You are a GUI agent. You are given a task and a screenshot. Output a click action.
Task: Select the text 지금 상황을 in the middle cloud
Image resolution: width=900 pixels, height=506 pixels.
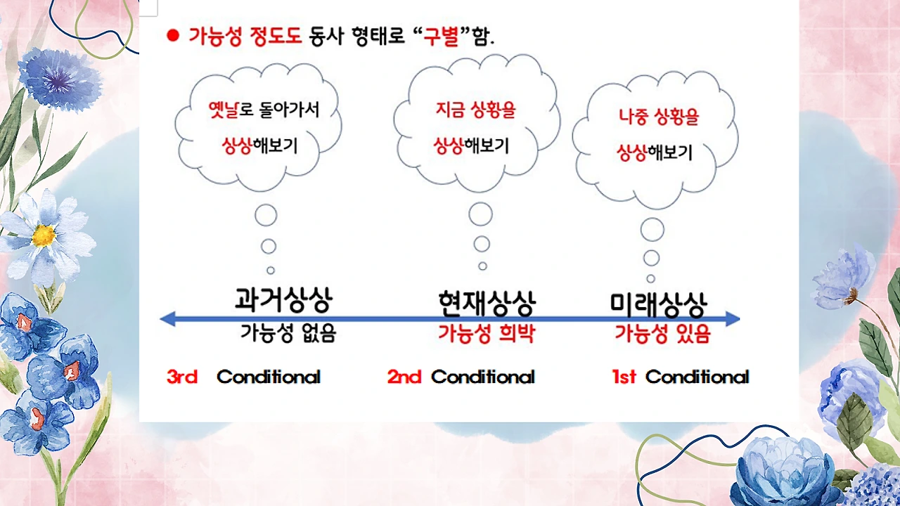(476, 110)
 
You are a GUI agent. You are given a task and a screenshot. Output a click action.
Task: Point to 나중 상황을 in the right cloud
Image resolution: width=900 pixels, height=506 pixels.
(659, 117)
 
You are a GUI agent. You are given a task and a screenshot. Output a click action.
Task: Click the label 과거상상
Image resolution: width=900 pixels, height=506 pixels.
(283, 300)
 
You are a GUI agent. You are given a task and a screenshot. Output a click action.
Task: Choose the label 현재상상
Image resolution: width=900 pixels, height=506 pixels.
(486, 303)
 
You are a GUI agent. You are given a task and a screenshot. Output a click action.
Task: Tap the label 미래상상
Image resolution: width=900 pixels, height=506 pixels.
(658, 303)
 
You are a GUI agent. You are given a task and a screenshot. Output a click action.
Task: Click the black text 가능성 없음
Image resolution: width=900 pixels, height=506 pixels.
(288, 333)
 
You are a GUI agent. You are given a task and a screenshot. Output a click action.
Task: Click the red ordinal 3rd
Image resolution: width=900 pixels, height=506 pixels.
(182, 377)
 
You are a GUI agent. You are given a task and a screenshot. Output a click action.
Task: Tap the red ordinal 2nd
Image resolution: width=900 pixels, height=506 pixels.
(404, 377)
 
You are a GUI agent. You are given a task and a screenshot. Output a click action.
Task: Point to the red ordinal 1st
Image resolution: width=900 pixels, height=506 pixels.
(624, 377)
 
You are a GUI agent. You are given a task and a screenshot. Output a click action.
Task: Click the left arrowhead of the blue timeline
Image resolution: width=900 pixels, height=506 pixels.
(167, 319)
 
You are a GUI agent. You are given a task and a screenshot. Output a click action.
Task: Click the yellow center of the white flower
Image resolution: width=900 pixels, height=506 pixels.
(43, 236)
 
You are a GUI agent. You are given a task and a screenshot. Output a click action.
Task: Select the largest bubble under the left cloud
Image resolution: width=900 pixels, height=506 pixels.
(266, 215)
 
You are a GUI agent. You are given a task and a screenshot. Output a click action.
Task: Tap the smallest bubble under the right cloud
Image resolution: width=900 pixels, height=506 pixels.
(651, 278)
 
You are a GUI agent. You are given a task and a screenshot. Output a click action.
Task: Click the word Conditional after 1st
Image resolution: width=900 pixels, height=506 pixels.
(697, 377)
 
